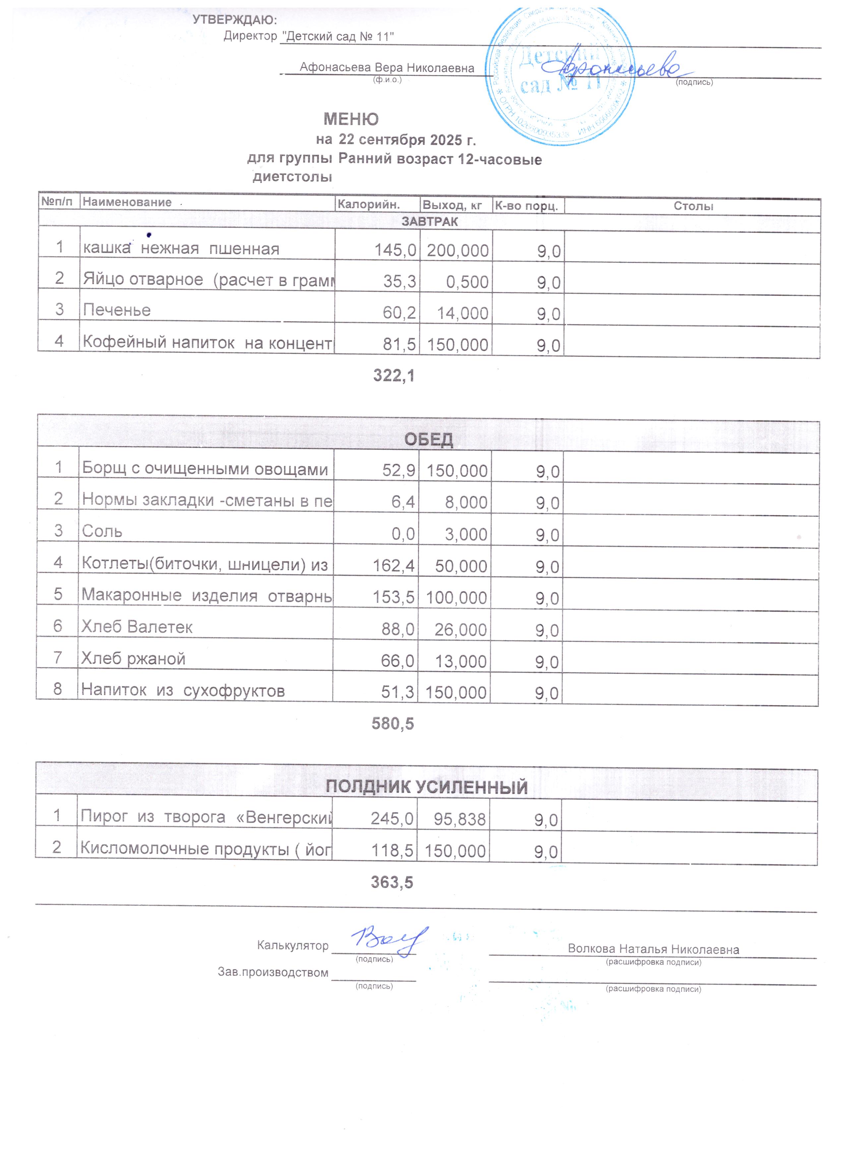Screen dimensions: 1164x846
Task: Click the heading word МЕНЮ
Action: (x=351, y=119)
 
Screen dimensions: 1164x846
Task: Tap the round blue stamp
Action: (x=560, y=77)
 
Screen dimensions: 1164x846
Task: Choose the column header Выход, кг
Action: (x=452, y=205)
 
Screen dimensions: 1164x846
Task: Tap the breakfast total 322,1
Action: (x=393, y=376)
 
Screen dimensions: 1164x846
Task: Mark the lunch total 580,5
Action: (x=393, y=724)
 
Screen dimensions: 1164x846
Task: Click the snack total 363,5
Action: (x=392, y=882)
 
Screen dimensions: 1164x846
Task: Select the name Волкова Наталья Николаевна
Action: (x=653, y=949)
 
